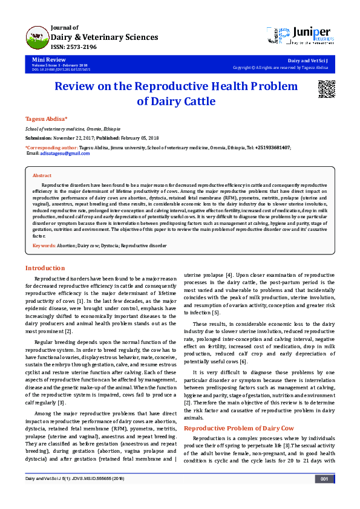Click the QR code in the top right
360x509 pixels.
[x=327, y=89]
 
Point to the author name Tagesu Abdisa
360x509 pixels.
[x=46, y=118]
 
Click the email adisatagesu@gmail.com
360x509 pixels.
[x=65, y=154]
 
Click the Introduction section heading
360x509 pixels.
[x=45, y=268]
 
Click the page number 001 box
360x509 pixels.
[x=324, y=496]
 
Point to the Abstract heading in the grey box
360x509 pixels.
[x=42, y=175]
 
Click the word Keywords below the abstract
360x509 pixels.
[x=44, y=246]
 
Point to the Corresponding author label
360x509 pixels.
[x=52, y=147]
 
